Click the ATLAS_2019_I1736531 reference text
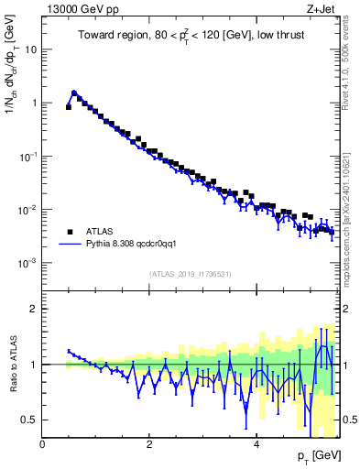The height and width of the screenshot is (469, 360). point(189,274)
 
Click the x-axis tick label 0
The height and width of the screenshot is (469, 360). point(42,444)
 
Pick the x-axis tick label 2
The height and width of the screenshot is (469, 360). point(149,444)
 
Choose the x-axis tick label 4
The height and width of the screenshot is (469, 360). point(256,444)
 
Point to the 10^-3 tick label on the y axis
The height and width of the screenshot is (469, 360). point(26,263)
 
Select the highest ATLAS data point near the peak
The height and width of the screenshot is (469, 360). point(74,93)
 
